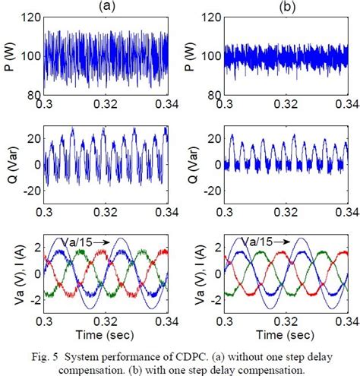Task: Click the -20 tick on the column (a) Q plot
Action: tap(31, 188)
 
